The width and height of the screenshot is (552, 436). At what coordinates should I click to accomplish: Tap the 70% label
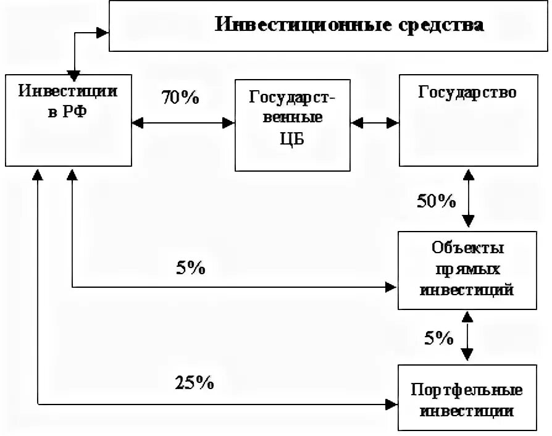[180, 98]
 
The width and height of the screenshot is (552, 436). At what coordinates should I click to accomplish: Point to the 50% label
[437, 201]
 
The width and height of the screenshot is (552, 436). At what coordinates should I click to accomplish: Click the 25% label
[194, 383]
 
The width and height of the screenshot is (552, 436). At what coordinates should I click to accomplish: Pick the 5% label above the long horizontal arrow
[191, 268]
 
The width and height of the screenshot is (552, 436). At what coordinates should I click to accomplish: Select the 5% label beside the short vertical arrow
[438, 337]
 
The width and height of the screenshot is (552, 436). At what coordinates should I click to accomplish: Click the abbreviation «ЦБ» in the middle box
[293, 139]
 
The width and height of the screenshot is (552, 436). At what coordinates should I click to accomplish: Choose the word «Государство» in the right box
[467, 93]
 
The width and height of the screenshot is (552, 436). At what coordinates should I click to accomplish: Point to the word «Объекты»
[467, 249]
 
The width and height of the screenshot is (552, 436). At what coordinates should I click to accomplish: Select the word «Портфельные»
[467, 390]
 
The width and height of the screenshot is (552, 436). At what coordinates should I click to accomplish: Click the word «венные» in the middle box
[293, 117]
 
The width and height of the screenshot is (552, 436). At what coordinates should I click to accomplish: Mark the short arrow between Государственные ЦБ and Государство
[375, 123]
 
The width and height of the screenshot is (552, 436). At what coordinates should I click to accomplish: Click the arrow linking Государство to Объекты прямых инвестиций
[468, 199]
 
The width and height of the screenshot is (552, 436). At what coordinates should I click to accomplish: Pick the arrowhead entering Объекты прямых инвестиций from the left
[391, 287]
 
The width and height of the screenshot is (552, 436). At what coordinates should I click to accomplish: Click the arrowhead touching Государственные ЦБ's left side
[229, 123]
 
